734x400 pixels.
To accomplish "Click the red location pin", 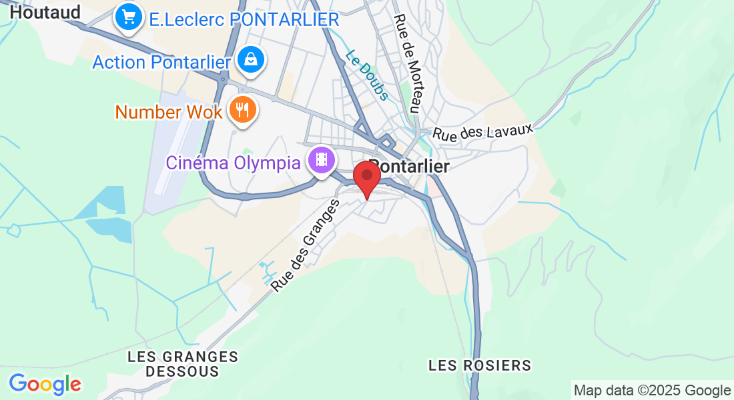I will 366,175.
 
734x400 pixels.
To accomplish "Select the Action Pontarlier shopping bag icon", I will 251,60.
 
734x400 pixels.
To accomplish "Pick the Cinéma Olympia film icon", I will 322,160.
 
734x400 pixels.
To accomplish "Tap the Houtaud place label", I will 45,12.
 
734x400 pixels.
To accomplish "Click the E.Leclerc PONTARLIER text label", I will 244,19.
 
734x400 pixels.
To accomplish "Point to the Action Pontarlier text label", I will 161,62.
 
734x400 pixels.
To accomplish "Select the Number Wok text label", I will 169,111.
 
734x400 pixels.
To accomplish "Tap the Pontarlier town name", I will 411,165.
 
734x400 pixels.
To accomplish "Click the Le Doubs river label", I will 366,76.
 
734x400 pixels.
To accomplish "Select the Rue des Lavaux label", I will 483,129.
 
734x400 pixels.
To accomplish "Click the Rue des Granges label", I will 306,246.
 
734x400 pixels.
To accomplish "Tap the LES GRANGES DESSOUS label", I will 182,364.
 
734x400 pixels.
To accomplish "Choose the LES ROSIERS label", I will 480,365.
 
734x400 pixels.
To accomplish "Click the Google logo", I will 45,384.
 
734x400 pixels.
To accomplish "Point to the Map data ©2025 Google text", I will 652,391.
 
